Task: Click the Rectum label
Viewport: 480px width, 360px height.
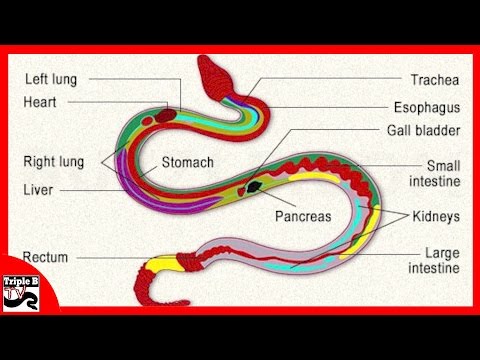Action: point(44,257)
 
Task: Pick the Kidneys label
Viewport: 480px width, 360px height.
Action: point(433,215)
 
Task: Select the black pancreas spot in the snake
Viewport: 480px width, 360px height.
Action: point(257,185)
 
